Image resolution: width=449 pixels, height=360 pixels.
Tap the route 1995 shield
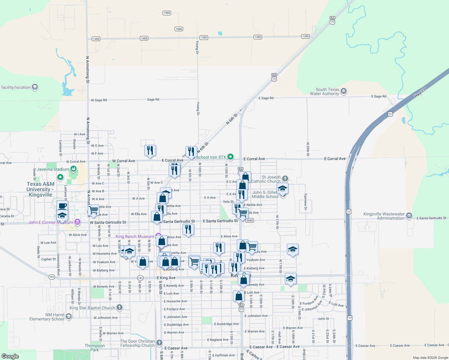167,13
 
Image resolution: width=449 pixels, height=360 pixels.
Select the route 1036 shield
179,29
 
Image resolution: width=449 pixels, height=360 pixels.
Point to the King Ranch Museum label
135,236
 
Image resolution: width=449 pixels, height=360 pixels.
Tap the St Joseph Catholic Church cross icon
285,179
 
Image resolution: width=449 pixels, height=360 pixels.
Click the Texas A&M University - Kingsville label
40,189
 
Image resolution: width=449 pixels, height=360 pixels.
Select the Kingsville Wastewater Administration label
384,216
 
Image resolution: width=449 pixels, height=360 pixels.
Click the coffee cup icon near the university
62,206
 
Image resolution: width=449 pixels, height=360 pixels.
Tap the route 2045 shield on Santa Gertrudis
250,220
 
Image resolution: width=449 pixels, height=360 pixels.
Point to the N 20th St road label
308,149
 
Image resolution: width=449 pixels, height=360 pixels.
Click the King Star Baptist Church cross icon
119,307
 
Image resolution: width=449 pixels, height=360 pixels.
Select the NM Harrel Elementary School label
47,317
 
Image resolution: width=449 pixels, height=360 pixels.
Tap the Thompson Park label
95,348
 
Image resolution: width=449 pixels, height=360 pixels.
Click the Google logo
10,356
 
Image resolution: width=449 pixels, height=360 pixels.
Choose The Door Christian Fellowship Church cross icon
159,343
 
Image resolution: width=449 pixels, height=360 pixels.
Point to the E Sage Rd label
266,98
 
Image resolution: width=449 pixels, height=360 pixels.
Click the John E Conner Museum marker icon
77,222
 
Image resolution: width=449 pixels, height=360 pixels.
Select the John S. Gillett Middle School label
265,194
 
